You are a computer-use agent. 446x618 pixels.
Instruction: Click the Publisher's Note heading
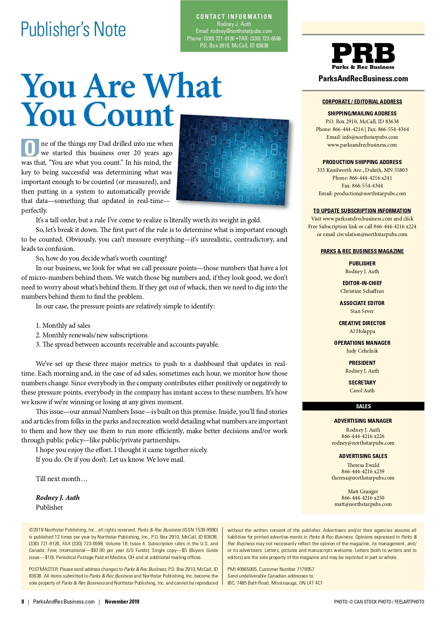73,30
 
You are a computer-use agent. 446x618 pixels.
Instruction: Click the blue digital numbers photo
232,160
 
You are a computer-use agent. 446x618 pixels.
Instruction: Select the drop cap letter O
30,148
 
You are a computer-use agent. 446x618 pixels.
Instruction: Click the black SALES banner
363,406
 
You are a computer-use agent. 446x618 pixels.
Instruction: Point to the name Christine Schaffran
362,291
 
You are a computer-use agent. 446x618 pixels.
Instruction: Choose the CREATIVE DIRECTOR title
362,323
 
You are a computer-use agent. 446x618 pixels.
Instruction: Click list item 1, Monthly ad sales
63,326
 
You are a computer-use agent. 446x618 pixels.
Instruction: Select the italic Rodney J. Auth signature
58,497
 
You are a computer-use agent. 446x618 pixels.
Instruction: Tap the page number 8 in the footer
23,602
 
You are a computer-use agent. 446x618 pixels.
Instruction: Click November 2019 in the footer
122,602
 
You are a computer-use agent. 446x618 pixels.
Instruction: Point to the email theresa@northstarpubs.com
363,478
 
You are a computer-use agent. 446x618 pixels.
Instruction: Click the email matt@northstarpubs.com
363,504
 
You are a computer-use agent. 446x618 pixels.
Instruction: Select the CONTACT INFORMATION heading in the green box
234,17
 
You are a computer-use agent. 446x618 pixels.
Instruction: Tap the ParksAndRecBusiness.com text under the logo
363,79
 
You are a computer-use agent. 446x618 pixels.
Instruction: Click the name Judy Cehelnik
362,351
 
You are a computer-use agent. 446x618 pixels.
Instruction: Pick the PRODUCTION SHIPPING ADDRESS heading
362,162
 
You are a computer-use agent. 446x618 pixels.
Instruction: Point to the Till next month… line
62,479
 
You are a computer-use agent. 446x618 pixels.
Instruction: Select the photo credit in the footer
379,602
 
